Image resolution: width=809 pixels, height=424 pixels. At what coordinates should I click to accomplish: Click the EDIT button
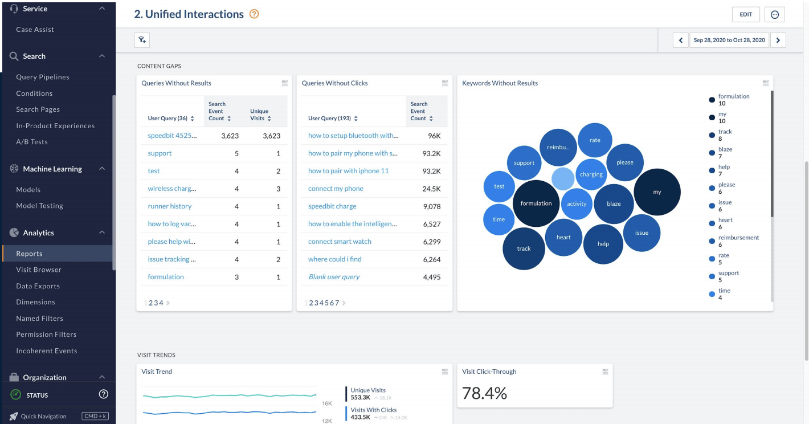746,15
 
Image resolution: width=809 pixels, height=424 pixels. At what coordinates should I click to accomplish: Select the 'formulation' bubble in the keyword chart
536,203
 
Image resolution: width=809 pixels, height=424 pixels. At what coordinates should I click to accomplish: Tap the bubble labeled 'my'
657,192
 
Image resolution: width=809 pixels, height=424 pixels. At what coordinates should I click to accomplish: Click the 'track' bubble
524,248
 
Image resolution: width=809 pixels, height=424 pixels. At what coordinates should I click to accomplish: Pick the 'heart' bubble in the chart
563,237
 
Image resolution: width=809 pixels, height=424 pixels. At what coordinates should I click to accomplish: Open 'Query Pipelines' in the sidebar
43,77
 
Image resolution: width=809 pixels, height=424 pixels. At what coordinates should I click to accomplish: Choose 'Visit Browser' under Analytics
39,270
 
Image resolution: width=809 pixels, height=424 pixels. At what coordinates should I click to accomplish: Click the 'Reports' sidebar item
29,254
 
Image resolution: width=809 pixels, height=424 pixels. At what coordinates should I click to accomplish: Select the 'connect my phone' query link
336,189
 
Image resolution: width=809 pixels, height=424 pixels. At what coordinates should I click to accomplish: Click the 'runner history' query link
170,206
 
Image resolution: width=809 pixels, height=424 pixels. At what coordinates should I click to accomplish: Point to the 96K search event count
434,136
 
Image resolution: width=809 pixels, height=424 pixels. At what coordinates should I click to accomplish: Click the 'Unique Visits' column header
260,115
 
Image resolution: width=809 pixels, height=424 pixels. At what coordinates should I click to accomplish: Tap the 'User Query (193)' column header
333,119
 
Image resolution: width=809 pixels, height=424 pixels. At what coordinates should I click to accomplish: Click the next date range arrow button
778,40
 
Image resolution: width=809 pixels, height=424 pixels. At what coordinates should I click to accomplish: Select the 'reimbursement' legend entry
738,238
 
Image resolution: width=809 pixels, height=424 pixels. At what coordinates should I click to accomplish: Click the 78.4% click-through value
484,393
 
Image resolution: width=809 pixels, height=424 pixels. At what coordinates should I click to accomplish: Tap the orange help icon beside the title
254,14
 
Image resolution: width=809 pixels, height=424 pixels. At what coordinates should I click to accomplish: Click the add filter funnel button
142,40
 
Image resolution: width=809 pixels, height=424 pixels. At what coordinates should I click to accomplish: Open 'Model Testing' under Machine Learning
39,206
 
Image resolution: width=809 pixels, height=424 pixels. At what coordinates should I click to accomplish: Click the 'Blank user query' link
334,277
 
